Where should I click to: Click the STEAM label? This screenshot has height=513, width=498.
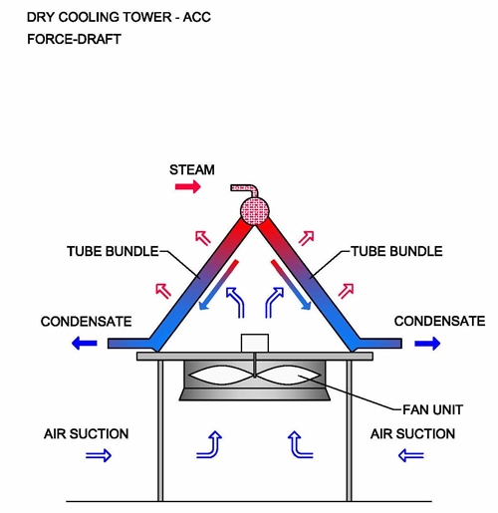point(192,170)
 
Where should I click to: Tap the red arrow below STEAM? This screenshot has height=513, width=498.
point(188,186)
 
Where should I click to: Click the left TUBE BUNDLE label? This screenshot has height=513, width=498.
point(113,251)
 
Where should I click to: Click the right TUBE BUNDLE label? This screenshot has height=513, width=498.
point(397,251)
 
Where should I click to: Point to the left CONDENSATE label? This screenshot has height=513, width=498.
point(87,322)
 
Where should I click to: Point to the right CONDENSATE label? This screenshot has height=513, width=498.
point(440,321)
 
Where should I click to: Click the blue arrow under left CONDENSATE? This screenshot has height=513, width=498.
point(85,343)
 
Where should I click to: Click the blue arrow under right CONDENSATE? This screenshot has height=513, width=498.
point(427,343)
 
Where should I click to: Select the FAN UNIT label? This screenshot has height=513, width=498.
point(432,409)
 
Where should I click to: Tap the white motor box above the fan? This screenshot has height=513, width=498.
point(255,343)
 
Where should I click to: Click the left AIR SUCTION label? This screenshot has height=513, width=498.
point(87,434)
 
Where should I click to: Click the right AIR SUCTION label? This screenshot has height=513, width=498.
point(412,434)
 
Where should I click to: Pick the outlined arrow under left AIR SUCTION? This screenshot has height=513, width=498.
point(99,455)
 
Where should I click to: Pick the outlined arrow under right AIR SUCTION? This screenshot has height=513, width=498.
point(411,455)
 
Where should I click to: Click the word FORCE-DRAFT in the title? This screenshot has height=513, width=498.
point(74,39)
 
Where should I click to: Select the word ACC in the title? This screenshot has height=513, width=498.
point(197,17)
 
